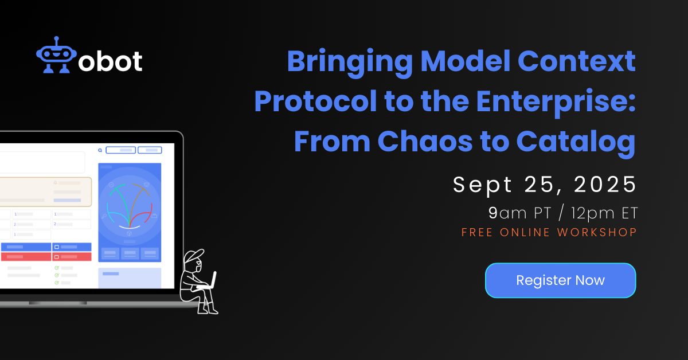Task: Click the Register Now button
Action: tap(560, 280)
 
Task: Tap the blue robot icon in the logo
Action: tap(56, 55)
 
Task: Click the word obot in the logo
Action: tap(110, 61)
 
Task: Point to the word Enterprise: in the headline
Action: tap(556, 102)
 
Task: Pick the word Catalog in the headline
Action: tap(576, 143)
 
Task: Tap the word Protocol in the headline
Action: tap(315, 101)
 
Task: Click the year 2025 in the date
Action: tap(605, 185)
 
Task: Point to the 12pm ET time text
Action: tap(604, 213)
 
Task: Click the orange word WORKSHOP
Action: tap(597, 232)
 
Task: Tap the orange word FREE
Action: tap(477, 232)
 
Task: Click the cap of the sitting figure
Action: tap(194, 255)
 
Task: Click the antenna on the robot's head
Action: tap(56, 41)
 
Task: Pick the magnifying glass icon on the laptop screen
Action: tap(100, 150)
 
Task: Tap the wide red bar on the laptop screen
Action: tap(26, 256)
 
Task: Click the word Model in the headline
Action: tap(465, 61)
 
